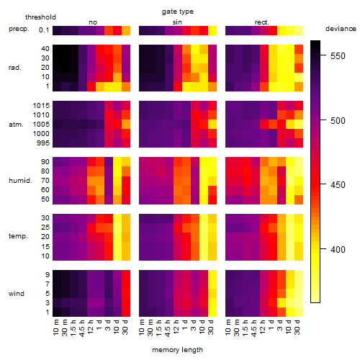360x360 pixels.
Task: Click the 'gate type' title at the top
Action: click(x=178, y=12)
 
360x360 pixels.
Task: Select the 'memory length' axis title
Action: click(x=177, y=350)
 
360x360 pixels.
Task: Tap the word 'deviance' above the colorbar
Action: click(x=341, y=29)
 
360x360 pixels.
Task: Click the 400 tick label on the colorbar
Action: click(x=338, y=250)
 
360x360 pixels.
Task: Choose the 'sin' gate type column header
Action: click(x=177, y=22)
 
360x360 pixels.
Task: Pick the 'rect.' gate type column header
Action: click(x=261, y=22)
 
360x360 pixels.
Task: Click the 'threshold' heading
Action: click(x=40, y=17)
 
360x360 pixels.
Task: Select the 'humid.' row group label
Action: click(x=20, y=181)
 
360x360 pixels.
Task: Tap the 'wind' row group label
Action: click(x=17, y=294)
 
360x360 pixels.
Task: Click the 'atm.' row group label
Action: click(x=16, y=125)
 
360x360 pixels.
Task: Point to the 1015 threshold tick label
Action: click(x=41, y=106)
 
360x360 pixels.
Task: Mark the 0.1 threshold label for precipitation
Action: click(x=44, y=30)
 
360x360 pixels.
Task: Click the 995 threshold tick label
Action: click(x=43, y=143)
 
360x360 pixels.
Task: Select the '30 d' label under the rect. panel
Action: click(x=297, y=327)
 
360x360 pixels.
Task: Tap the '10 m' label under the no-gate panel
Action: click(x=55, y=327)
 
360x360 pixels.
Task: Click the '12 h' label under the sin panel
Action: click(x=176, y=327)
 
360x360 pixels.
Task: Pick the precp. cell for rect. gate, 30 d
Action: click(x=299, y=31)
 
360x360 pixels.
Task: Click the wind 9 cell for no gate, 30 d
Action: click(x=126, y=275)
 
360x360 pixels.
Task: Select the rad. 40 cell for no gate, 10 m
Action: click(x=57, y=49)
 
